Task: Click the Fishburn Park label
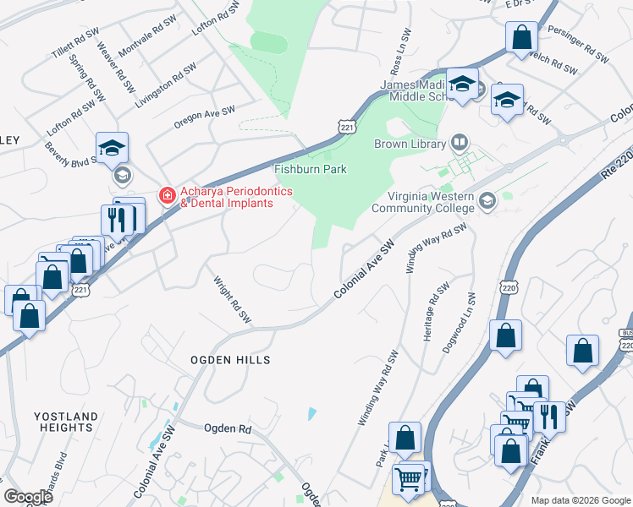click(311, 170)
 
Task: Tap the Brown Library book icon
click(460, 142)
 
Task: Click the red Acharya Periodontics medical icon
click(168, 197)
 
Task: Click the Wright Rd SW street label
click(233, 301)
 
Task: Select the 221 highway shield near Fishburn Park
click(347, 127)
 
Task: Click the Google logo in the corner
click(28, 497)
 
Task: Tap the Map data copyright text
click(580, 500)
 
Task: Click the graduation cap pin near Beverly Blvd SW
click(112, 148)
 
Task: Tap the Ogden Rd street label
click(228, 428)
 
